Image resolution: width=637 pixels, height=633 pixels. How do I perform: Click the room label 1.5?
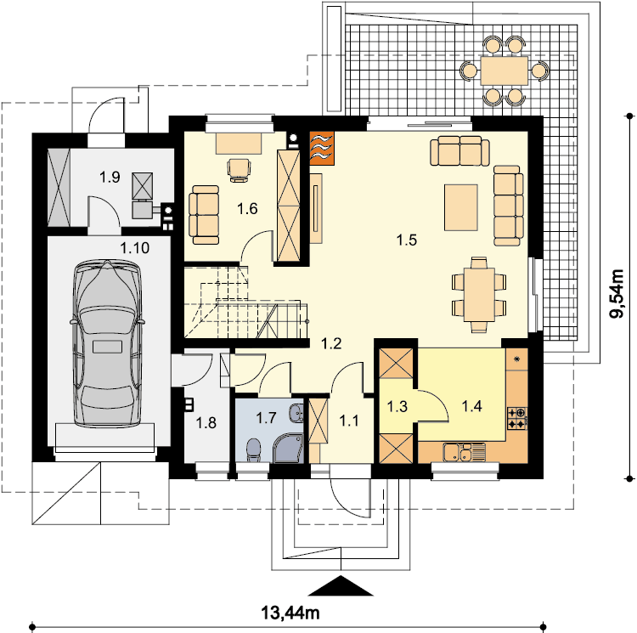[407, 240]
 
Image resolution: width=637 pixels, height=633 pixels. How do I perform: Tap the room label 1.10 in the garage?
[135, 247]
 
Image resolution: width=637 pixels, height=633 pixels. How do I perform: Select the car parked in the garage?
[107, 343]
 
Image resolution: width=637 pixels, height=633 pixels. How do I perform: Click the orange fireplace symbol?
[322, 149]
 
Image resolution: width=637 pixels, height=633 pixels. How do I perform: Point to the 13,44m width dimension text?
[290, 613]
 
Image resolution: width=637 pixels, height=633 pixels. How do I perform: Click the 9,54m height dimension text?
[617, 293]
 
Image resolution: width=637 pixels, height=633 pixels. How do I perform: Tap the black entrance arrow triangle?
[341, 585]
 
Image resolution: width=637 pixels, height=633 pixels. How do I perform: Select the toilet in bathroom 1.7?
[254, 449]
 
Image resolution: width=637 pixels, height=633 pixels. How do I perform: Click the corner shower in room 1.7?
[289, 448]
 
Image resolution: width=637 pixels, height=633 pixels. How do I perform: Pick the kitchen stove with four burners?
[517, 419]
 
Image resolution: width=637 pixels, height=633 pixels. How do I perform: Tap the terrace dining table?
[504, 71]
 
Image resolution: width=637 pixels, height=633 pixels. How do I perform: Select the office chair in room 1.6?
[240, 169]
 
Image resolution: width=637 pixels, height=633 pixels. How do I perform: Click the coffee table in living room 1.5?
[460, 207]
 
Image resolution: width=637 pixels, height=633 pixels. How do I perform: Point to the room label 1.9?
[110, 177]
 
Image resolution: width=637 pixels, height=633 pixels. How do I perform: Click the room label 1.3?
[397, 406]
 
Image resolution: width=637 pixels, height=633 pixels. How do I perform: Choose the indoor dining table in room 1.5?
[479, 294]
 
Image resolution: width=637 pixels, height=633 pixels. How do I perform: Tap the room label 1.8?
[206, 423]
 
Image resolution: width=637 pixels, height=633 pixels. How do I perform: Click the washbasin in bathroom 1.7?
[296, 413]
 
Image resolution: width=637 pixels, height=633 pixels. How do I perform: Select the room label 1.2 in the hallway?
[331, 344]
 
